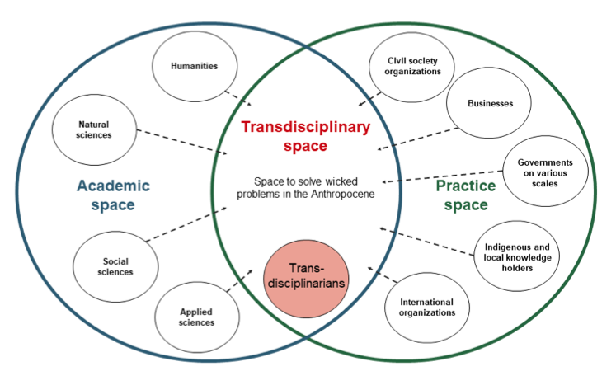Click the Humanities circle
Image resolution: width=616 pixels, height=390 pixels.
click(195, 66)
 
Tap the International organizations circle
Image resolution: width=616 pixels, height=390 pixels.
click(427, 307)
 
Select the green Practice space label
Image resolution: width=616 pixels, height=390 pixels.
click(467, 195)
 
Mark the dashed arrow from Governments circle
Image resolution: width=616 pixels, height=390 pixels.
click(441, 176)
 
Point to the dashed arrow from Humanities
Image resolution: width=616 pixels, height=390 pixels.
click(239, 99)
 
